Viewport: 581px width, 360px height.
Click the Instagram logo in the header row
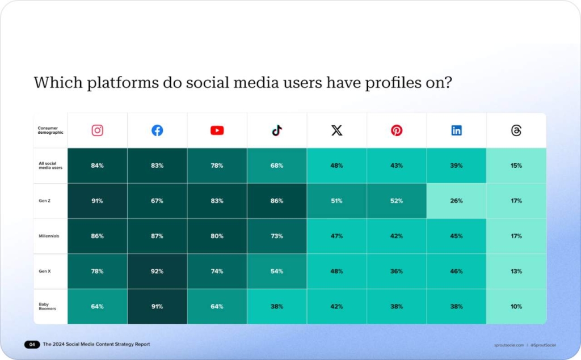(98, 130)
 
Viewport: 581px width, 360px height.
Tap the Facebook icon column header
(157, 130)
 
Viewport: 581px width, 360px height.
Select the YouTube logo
(217, 130)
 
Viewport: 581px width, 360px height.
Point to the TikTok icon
(277, 130)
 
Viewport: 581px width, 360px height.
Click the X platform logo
(337, 130)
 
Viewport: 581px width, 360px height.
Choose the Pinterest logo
(397, 130)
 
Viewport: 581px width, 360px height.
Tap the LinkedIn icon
(457, 130)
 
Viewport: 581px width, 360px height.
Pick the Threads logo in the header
(516, 130)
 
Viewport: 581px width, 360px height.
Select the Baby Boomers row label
(44, 307)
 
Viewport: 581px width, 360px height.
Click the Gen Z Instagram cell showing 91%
(97, 201)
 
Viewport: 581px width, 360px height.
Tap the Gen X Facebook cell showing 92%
(157, 272)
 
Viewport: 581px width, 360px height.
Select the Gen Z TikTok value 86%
(277, 201)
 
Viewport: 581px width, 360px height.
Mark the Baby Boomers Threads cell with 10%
(516, 307)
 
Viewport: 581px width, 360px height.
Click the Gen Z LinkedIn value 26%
(456, 201)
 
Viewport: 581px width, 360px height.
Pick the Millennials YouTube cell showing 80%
(217, 236)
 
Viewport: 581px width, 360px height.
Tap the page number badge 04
(32, 345)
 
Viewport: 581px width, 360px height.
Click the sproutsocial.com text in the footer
(508, 345)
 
